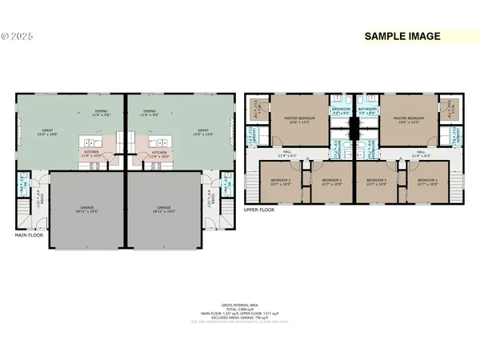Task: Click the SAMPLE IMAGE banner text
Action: pyautogui.click(x=402, y=36)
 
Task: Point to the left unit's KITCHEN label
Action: pyautogui.click(x=92, y=152)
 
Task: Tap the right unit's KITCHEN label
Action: pyautogui.click(x=159, y=152)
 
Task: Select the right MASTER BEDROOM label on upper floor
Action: pyautogui.click(x=409, y=121)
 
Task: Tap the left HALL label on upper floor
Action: pyautogui.click(x=286, y=152)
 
